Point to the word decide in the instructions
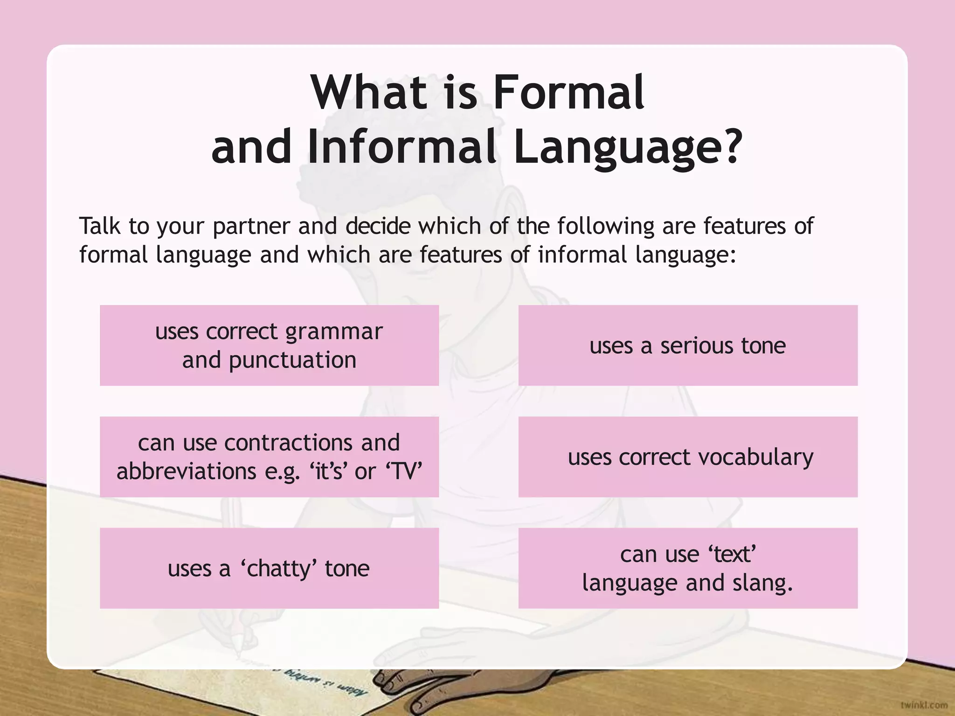coord(378,227)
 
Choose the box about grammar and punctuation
coord(269,345)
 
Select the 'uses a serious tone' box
coord(688,345)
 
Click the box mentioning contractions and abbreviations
coord(269,457)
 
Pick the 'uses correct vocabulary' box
coord(688,457)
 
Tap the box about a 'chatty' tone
coord(269,568)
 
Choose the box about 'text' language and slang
coord(688,568)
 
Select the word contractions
coord(288,443)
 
